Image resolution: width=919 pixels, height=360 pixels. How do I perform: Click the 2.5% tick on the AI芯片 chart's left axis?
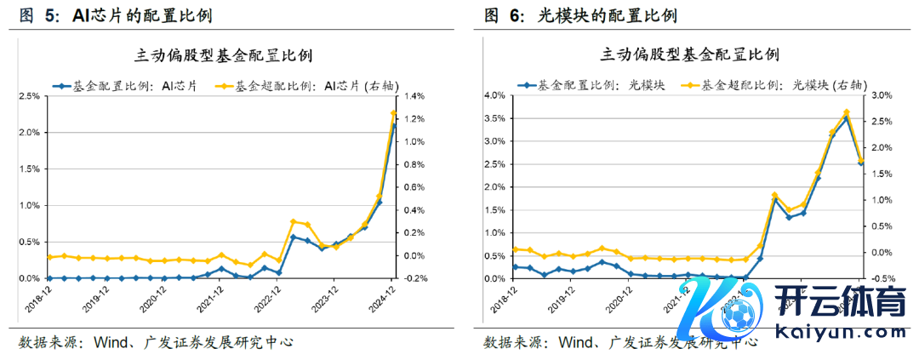(x=29, y=96)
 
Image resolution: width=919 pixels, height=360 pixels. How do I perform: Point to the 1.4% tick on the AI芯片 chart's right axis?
(x=417, y=96)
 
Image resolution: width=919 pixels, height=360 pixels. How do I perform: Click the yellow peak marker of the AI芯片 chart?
(x=393, y=113)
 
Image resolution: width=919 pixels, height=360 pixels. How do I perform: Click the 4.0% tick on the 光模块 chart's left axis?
(x=494, y=95)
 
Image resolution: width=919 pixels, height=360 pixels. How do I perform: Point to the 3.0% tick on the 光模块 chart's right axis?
(x=882, y=95)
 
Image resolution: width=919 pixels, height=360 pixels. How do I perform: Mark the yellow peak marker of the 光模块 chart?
(x=847, y=112)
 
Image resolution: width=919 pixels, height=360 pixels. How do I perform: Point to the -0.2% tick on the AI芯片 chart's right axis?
(x=418, y=278)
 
